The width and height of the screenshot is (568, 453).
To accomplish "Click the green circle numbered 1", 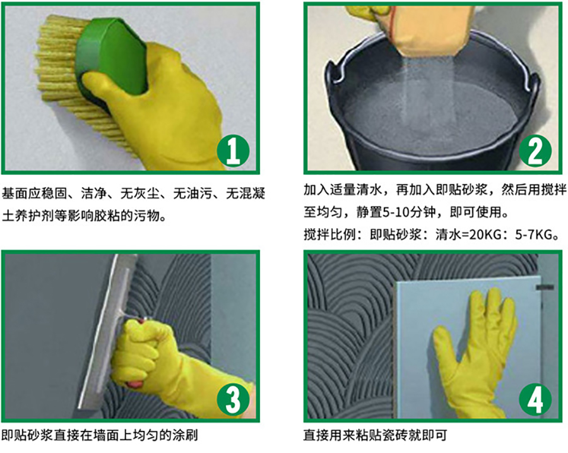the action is (233, 151).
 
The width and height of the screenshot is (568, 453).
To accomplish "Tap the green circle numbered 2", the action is (535, 151).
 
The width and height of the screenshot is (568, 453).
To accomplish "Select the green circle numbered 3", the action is (233, 399).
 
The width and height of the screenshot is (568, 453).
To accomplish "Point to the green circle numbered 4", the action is (535, 399).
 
